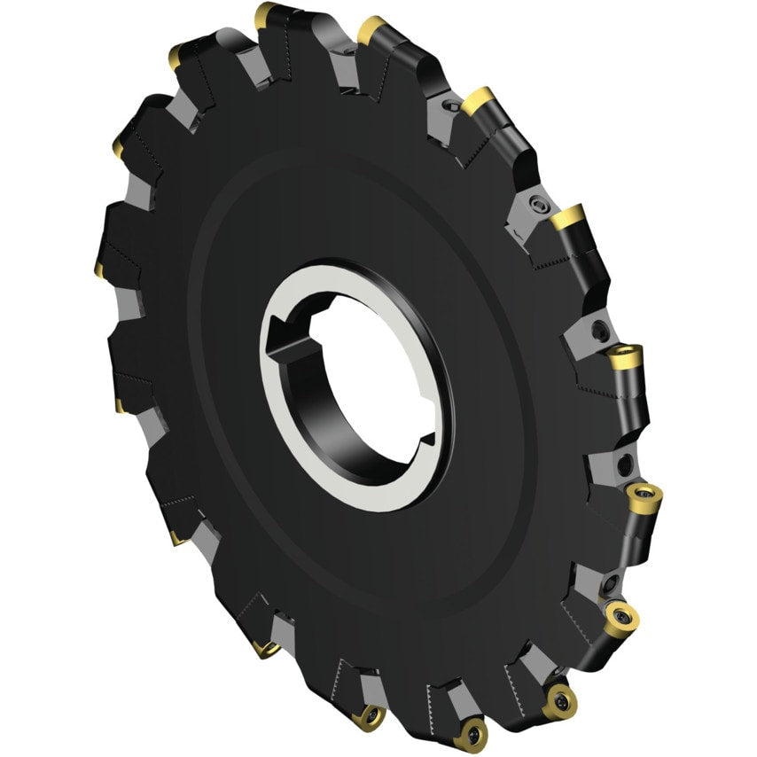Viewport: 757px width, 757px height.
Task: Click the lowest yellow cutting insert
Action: (x=470, y=735)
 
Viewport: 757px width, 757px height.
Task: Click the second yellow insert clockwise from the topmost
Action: (x=479, y=100)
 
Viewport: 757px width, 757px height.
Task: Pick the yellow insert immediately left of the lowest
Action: (x=367, y=717)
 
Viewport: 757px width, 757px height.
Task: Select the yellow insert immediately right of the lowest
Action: (x=559, y=701)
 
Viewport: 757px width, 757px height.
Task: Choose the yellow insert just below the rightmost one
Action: (x=620, y=617)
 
